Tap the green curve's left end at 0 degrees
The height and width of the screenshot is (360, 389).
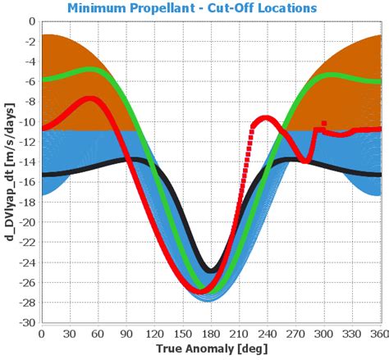[43, 80]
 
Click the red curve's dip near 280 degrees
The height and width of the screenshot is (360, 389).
[305, 161]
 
